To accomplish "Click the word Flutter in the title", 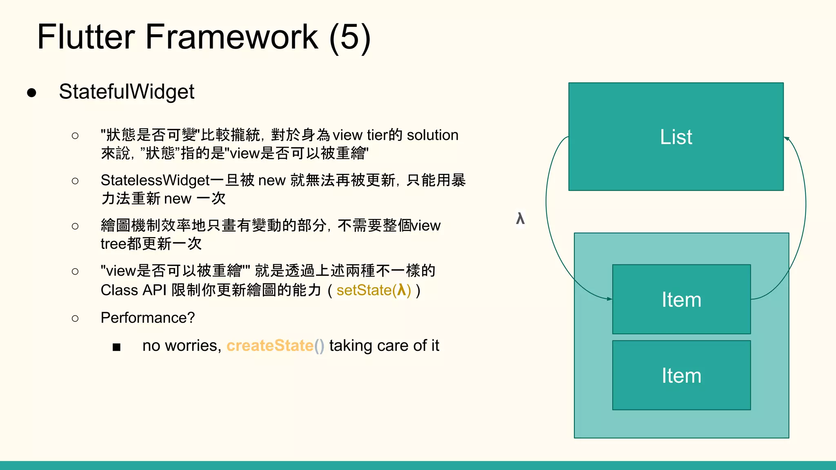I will point(86,37).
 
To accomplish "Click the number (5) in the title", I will point(350,38).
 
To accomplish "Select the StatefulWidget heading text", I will point(127,91).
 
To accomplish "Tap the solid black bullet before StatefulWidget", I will point(32,93).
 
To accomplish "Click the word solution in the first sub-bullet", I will point(433,135).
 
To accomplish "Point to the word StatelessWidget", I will point(155,180).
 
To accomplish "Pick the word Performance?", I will point(148,318).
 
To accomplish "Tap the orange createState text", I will point(270,346).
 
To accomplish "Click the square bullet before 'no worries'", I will point(116,347).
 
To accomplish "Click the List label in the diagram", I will point(676,137).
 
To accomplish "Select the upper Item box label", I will point(681,299).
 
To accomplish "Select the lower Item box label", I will point(681,375).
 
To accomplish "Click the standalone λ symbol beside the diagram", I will point(520,219).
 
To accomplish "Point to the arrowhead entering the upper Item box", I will point(609,299).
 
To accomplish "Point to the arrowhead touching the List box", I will point(787,139).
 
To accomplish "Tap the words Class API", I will point(133,290).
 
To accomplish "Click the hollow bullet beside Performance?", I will point(75,318).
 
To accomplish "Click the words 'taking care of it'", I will point(384,346).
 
